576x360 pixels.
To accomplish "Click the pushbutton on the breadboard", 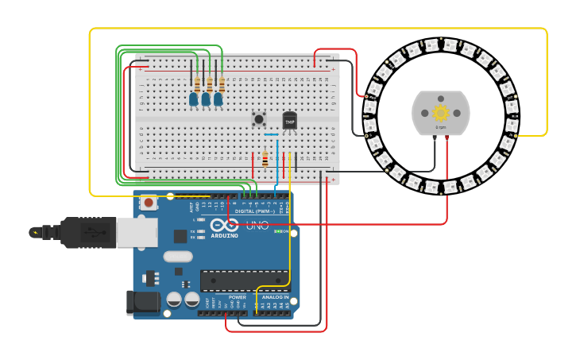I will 259,119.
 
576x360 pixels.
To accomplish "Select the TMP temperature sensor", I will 289,121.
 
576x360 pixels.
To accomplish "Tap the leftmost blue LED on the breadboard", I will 193,99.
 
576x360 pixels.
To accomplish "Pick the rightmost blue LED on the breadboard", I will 218,99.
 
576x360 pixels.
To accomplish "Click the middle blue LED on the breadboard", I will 206,99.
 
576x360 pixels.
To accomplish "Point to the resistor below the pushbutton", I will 265,159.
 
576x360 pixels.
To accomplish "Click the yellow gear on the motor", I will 440,112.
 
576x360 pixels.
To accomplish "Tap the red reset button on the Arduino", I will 149,203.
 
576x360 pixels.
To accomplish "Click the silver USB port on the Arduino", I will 137,232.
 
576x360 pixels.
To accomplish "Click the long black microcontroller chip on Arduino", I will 244,280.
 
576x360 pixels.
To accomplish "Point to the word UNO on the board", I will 257,226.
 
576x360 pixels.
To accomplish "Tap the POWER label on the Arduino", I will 238,297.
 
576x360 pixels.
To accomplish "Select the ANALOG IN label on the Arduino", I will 275,297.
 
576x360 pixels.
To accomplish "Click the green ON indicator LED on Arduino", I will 276,232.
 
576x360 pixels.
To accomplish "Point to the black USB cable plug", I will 79,232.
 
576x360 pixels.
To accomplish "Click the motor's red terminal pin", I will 446,137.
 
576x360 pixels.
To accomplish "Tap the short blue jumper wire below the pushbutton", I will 271,135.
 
